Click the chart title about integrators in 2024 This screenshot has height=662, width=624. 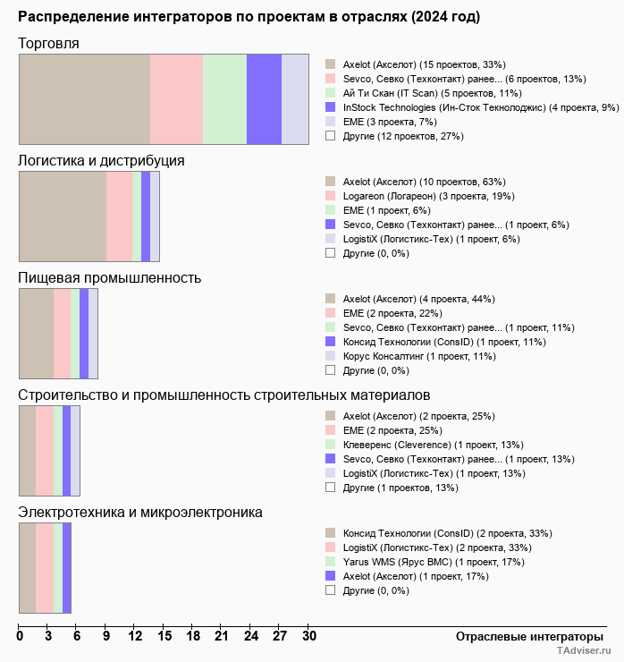point(249,17)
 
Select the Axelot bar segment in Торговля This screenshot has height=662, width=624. point(85,98)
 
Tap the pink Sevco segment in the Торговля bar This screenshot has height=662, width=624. point(176,98)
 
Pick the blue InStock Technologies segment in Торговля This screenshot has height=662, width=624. point(264,98)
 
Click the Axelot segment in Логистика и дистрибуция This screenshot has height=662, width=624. point(63,216)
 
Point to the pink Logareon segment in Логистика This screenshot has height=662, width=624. point(119,216)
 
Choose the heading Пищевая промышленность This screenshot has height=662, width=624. point(109,277)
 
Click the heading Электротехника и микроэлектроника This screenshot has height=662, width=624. point(140,513)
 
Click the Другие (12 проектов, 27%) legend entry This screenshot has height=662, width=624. point(403,136)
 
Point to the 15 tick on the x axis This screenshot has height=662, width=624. point(164,637)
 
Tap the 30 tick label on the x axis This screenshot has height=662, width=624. point(308,637)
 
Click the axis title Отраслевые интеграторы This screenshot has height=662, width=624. point(524,636)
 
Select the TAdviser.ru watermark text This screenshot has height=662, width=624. point(585,652)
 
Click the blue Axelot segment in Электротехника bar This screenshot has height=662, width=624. point(67,568)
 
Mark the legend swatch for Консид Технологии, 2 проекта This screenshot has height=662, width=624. point(330,533)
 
